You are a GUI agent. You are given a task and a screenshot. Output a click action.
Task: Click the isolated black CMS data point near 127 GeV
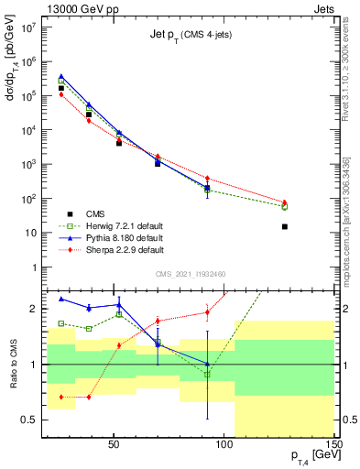pos(285,226)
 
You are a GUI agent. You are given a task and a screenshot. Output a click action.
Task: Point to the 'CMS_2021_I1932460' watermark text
pos(191,273)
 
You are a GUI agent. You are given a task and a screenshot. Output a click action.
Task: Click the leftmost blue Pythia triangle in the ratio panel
pos(61,299)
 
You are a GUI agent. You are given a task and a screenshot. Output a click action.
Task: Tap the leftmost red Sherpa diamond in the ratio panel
pos(61,397)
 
